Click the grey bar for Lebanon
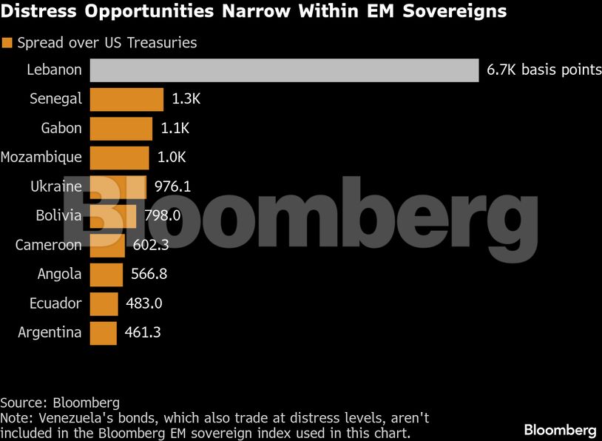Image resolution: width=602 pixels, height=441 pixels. (x=285, y=70)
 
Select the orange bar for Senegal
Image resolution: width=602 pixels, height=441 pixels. (x=126, y=99)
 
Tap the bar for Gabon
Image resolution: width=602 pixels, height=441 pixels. (x=121, y=128)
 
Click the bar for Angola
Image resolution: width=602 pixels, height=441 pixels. (x=106, y=275)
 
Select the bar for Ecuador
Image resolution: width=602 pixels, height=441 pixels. (x=104, y=303)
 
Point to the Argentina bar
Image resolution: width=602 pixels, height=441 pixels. (x=103, y=332)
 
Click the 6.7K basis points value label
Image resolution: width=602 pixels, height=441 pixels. (x=544, y=70)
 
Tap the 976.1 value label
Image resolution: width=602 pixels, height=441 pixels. (x=172, y=186)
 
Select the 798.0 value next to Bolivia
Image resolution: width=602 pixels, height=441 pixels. (x=163, y=216)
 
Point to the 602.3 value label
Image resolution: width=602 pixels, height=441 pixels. (x=152, y=245)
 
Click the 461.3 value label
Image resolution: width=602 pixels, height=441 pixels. (x=143, y=332)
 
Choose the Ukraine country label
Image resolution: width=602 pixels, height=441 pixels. (x=56, y=186)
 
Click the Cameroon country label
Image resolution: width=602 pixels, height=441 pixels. (x=49, y=245)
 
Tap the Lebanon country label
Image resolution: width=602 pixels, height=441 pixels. (x=54, y=70)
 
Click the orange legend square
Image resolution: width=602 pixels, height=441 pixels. (x=7, y=43)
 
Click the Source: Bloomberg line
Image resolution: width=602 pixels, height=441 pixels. (x=60, y=403)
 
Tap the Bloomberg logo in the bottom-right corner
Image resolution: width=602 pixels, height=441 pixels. (x=560, y=429)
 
